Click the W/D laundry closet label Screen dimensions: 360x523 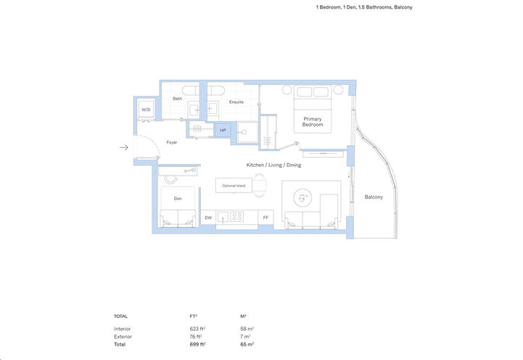tap(146, 110)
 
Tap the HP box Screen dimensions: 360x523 tap(223, 131)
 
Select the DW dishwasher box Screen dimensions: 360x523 tap(207, 217)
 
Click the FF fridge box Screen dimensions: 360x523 tap(265, 217)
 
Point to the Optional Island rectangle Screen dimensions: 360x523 tap(234, 186)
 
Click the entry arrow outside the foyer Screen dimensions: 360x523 tap(124, 147)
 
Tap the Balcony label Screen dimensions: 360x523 tap(374, 197)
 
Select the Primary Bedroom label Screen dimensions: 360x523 tap(312, 122)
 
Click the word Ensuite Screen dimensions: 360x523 tap(236, 102)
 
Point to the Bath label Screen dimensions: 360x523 tap(177, 99)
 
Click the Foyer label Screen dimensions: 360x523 tap(172, 142)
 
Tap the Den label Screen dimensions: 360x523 tap(177, 197)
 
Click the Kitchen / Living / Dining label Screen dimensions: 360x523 tap(273, 165)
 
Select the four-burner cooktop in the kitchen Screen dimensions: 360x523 tap(237, 216)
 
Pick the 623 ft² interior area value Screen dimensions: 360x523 tap(197, 329)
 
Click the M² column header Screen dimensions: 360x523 tap(243, 316)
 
